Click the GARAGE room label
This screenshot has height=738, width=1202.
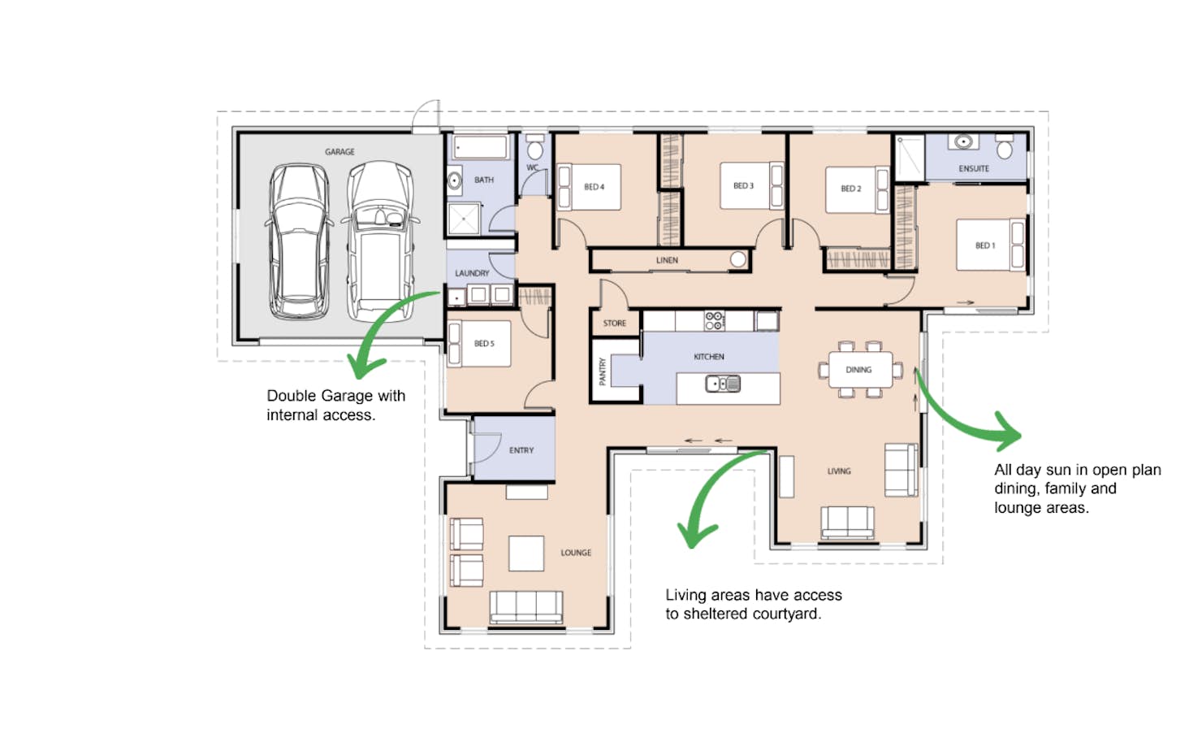click(x=339, y=152)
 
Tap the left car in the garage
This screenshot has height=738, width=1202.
click(x=298, y=241)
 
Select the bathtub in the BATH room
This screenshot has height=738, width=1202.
click(x=481, y=146)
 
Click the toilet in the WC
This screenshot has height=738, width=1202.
click(x=535, y=147)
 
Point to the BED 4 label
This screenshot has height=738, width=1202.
click(x=594, y=187)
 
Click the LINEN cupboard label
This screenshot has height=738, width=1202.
click(x=667, y=261)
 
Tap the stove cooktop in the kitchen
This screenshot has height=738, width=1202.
click(x=714, y=321)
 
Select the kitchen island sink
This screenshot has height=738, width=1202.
click(x=723, y=384)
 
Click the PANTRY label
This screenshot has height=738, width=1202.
click(x=602, y=371)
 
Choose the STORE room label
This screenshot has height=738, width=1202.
click(x=615, y=323)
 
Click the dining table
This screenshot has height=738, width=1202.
click(x=860, y=370)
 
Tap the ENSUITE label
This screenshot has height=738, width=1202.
click(x=974, y=169)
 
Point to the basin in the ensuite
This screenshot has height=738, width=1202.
click(x=964, y=142)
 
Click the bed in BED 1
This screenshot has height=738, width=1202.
click(x=991, y=245)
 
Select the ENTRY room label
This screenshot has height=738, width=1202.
click(x=521, y=450)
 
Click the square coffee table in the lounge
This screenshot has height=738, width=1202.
click(x=526, y=553)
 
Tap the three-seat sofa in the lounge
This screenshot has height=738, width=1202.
click(x=526, y=607)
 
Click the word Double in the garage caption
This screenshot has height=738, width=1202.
click(x=292, y=397)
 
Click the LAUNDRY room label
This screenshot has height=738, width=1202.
click(x=472, y=273)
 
